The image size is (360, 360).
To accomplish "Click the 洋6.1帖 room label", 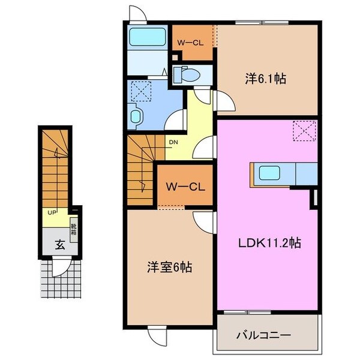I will coord(265,78).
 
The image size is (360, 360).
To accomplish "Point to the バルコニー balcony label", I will coord(266,334).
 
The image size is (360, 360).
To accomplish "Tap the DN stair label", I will coord(173,142).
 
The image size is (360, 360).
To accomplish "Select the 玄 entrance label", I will coord(61,244).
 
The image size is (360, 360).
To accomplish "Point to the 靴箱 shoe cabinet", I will coord(74,230).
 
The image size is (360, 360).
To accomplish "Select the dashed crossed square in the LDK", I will coord(304,130).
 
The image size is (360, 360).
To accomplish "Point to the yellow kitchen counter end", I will coord(253,174).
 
